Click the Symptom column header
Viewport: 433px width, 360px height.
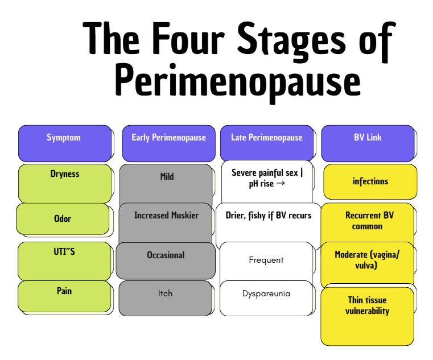[64, 143]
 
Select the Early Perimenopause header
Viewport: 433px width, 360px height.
[168, 143]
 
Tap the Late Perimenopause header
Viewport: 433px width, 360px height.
[267, 143]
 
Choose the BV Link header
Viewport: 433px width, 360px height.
[368, 143]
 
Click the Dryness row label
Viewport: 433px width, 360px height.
[65, 183]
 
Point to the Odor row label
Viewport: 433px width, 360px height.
[63, 219]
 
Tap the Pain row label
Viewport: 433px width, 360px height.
[64, 296]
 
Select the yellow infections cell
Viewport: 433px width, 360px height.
[370, 181]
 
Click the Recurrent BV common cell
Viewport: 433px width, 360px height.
[368, 222]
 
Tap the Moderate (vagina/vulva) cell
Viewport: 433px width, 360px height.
[367, 263]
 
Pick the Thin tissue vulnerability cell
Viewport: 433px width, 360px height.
[367, 316]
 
